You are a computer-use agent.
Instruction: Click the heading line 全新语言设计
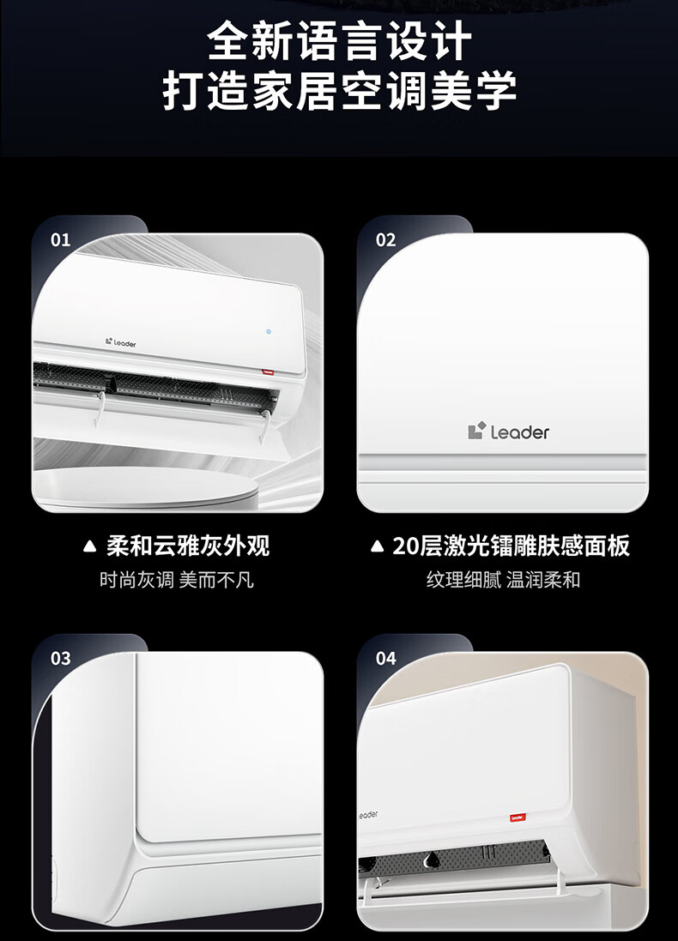(339, 41)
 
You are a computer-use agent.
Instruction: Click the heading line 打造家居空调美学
(339, 90)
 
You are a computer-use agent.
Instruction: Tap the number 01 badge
(61, 240)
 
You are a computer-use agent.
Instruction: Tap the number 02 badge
(385, 240)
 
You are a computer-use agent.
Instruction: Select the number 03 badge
(61, 658)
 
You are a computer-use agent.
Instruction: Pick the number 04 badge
(385, 658)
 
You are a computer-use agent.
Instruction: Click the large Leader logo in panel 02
(508, 431)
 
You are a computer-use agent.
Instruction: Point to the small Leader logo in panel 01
(121, 342)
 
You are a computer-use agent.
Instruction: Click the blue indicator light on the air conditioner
(269, 331)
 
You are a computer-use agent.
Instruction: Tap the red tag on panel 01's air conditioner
(267, 372)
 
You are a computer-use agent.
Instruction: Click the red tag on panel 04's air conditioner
(518, 817)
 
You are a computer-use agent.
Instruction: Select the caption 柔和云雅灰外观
(188, 546)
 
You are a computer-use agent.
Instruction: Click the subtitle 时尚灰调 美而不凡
(177, 580)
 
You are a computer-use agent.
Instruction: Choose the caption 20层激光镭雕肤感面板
(511, 546)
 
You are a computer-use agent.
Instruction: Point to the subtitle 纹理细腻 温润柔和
(503, 580)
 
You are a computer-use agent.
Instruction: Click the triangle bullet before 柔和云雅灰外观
(89, 546)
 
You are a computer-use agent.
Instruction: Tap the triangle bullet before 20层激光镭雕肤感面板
(377, 546)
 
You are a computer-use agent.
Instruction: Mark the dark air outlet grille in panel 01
(156, 385)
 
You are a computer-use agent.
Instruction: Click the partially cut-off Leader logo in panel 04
(367, 815)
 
